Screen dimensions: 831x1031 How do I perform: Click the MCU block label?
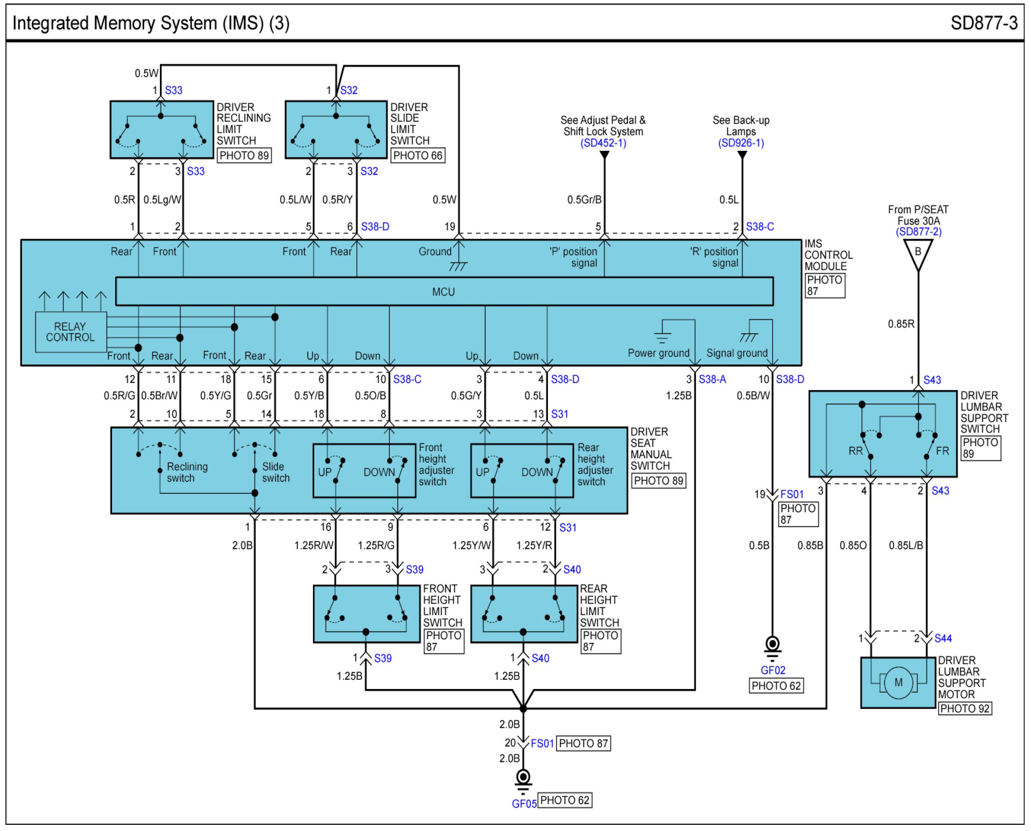443,292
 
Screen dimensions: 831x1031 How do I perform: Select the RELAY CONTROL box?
71,332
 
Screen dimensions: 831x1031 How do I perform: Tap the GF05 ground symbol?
523,777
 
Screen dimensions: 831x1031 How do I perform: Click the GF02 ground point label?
773,670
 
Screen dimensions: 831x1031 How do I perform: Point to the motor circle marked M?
898,682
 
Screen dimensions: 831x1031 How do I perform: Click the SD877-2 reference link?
918,232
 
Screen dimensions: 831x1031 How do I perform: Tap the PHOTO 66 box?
417,156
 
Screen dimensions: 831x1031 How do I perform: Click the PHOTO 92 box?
965,708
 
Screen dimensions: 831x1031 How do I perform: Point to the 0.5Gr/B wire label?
584,200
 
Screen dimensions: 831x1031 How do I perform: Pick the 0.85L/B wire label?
906,545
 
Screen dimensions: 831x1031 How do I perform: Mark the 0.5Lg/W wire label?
162,200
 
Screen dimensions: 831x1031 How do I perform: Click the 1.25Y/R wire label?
534,545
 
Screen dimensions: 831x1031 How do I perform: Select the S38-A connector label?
712,379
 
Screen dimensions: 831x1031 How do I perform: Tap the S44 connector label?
943,638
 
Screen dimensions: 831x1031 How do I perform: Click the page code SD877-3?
984,23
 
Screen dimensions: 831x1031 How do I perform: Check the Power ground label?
658,353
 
